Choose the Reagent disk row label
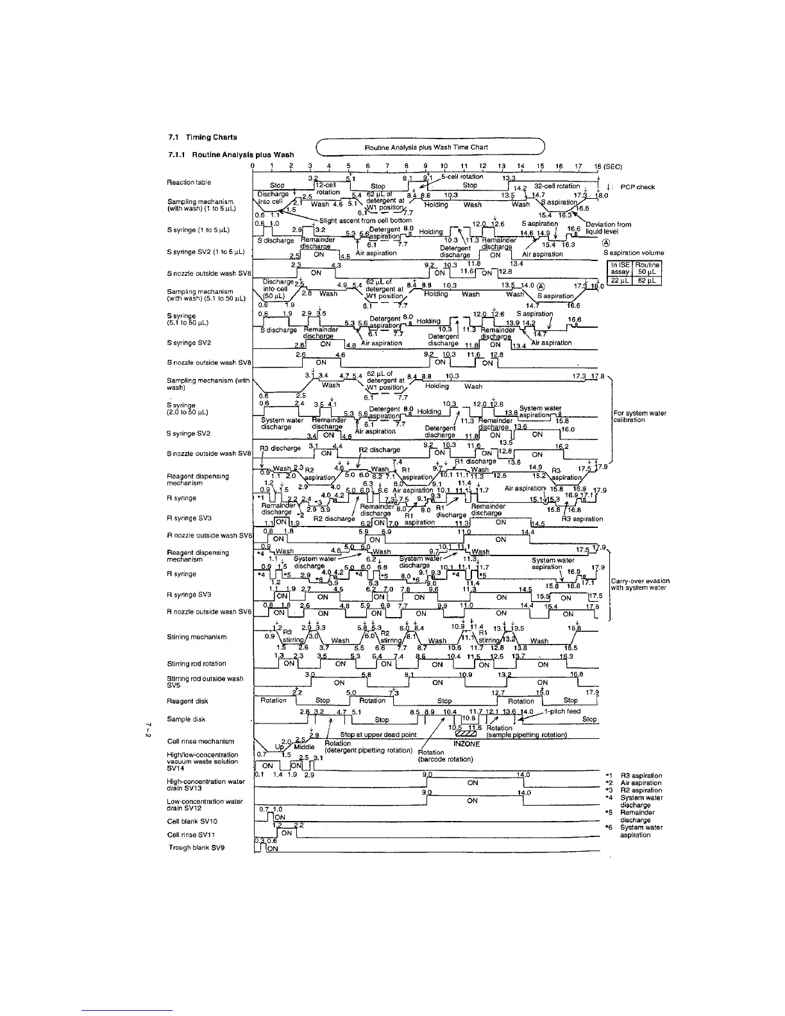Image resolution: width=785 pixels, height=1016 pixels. click(187, 701)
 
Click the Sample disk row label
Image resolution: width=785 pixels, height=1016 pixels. click(186, 719)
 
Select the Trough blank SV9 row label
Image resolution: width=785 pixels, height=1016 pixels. click(197, 847)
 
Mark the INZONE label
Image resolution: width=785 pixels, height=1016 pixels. click(466, 744)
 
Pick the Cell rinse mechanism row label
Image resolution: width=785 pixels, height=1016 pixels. click(200, 741)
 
